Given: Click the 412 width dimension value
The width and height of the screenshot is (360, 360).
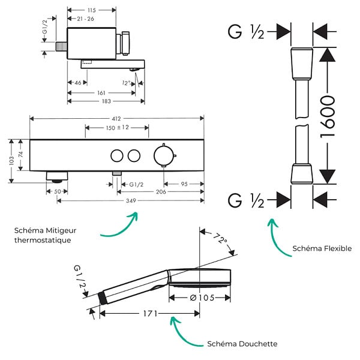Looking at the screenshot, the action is point(116,118).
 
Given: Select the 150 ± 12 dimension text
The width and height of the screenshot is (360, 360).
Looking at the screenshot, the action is point(118,127).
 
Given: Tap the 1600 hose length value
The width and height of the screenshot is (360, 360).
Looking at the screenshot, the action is point(328,117).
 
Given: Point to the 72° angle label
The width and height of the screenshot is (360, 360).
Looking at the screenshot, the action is point(220,239).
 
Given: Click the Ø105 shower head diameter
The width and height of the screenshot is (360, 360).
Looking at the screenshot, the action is point(202,298).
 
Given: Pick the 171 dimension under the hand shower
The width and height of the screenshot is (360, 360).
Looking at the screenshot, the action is point(151,313).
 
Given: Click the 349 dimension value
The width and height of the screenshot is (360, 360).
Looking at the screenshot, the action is point(131,200).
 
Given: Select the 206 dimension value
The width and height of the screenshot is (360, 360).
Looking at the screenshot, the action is point(161,192).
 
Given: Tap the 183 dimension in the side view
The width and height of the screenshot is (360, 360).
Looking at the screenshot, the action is point(106,101).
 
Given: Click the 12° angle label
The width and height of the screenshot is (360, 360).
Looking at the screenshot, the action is point(126,83).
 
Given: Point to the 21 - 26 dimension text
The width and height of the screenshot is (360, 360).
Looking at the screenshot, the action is point(85,19).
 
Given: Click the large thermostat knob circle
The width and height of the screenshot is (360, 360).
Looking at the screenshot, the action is point(164,155).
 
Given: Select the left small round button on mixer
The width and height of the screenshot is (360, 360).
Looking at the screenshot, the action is point(117,155).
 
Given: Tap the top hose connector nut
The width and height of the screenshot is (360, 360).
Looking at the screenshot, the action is point(302,64).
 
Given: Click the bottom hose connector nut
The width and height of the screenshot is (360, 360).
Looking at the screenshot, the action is point(302,173).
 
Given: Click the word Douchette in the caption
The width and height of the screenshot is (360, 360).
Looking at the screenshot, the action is point(258,344).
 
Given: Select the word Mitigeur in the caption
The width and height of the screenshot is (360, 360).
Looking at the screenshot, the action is point(61,231).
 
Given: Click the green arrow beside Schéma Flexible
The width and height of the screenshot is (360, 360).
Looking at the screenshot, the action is point(277,238).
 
